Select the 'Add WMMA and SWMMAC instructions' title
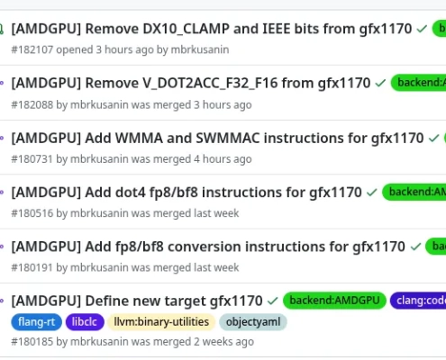(217, 139)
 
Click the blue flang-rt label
(36, 321)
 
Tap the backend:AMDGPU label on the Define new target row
(334, 301)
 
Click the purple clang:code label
(420, 301)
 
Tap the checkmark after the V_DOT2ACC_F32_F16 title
(380, 84)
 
